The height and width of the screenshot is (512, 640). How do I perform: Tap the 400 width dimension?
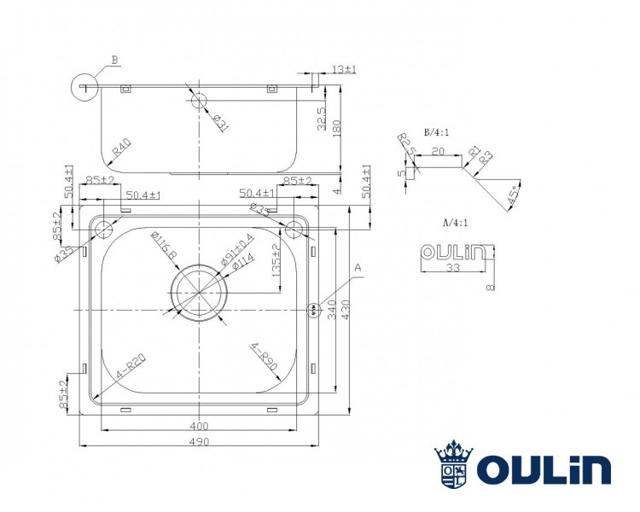click(199, 426)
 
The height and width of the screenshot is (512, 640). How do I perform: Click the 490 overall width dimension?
click(199, 441)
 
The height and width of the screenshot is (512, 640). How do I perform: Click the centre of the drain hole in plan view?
click(199, 294)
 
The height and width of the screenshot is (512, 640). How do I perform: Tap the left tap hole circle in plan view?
click(103, 229)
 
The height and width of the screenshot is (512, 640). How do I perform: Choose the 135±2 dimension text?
click(276, 258)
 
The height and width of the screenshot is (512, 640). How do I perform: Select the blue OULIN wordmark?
click(543, 469)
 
